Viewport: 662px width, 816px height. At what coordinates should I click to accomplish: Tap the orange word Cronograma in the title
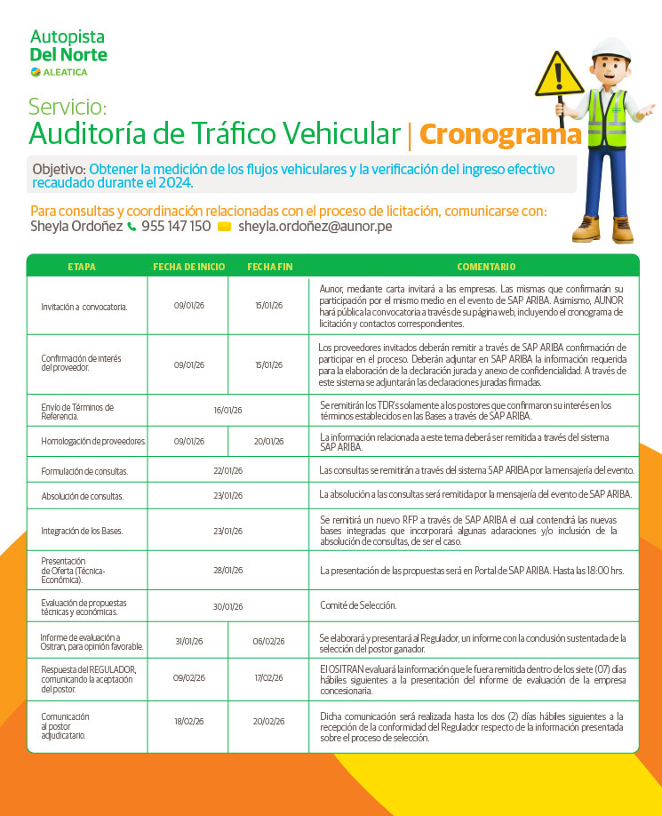[x=500, y=134]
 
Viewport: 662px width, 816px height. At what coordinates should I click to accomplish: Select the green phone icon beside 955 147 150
[x=132, y=227]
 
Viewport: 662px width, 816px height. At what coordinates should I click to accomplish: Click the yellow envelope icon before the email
[x=224, y=227]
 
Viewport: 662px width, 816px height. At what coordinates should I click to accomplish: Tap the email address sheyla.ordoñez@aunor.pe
[x=315, y=227]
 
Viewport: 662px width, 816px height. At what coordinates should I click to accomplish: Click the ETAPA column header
[x=82, y=267]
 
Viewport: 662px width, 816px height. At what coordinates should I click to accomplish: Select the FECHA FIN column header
[x=269, y=267]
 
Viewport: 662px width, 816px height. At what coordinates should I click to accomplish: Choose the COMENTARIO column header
[x=486, y=267]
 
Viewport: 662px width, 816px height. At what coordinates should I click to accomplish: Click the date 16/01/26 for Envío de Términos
[x=228, y=410]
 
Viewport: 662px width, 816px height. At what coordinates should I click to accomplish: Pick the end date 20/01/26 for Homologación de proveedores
[x=268, y=441]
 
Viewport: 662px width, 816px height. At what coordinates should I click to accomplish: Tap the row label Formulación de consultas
[x=84, y=471]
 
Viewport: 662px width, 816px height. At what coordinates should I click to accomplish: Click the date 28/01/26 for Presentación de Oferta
[x=228, y=570]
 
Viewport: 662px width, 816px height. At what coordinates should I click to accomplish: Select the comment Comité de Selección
[x=358, y=605]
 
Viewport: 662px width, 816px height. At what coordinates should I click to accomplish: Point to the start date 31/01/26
[x=189, y=641]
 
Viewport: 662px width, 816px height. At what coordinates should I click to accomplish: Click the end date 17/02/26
[x=268, y=677]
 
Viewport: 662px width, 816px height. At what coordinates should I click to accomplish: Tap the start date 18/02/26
[x=189, y=722]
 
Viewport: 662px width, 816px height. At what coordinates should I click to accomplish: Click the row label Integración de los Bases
[x=82, y=532]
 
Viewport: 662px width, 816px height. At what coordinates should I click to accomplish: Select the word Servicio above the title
[x=68, y=108]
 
